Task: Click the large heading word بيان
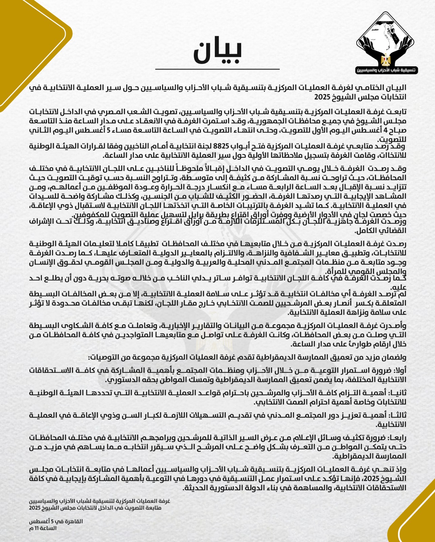217,53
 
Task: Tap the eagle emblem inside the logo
386,60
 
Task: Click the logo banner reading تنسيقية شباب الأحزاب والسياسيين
387,71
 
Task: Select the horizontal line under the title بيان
217,69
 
